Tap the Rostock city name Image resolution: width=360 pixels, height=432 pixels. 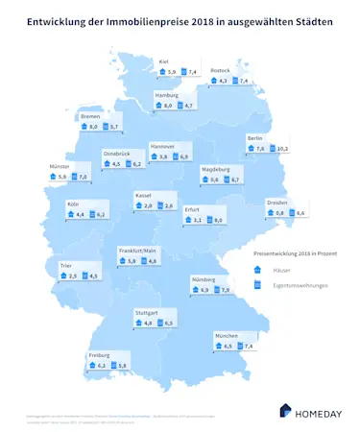pyautogui.click(x=220, y=70)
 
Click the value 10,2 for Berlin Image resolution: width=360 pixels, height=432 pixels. pyautogui.click(x=282, y=149)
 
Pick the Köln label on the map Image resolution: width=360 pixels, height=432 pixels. pyautogui.click(x=73, y=204)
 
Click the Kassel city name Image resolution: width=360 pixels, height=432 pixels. pyautogui.click(x=144, y=195)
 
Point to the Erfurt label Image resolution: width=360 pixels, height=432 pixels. pyautogui.click(x=192, y=209)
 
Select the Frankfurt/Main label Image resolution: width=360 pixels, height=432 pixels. pyautogui.click(x=136, y=250)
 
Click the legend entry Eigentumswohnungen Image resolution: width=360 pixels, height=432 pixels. pyautogui.click(x=298, y=286)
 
